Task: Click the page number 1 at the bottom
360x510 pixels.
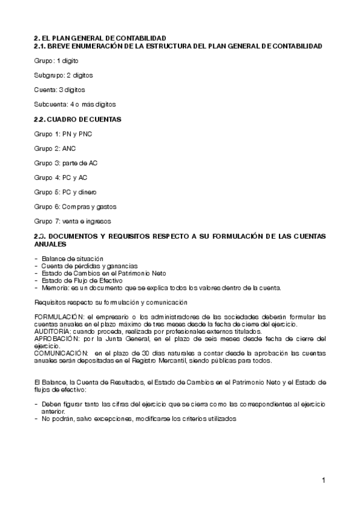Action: tap(323, 480)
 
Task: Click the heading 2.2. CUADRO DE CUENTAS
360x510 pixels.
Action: tap(78, 119)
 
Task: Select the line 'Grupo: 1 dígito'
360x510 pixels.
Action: tap(56, 61)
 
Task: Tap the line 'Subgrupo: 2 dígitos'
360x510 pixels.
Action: tap(63, 76)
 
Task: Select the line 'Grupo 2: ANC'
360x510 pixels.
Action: tap(55, 148)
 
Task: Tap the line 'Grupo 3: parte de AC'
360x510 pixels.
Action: tap(66, 163)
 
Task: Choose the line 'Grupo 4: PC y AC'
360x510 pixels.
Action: tap(61, 177)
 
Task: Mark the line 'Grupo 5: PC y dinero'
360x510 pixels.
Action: tap(66, 192)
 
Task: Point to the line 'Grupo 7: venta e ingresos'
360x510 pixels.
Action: tap(73, 221)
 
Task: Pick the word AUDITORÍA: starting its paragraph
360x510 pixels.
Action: tap(52, 331)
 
